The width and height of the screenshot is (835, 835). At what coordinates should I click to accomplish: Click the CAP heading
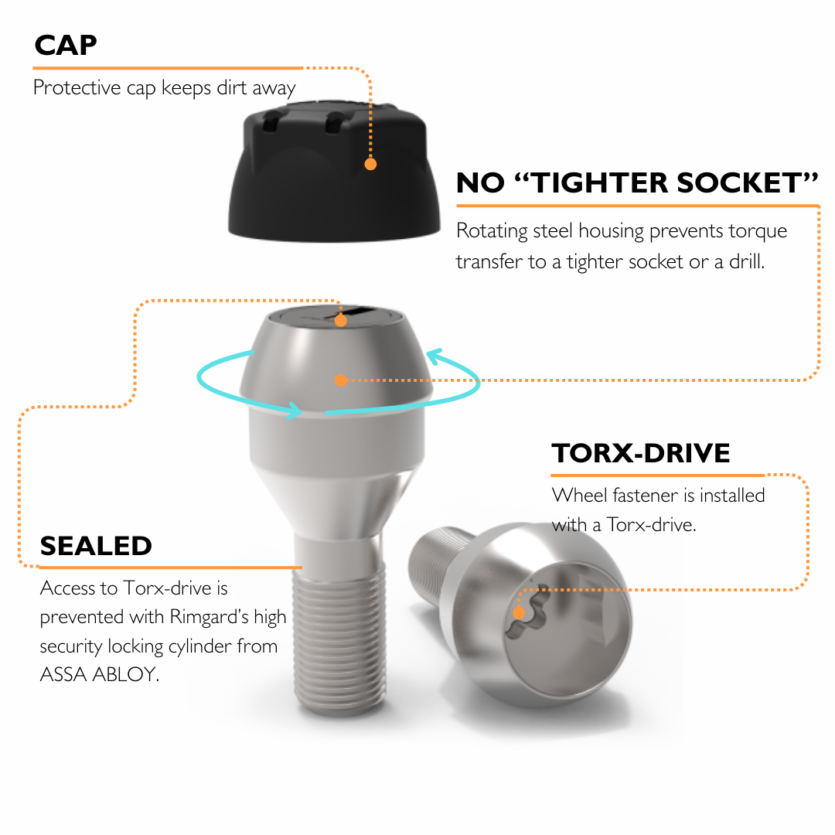tap(66, 46)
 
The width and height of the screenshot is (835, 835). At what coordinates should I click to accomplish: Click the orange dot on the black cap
tap(370, 164)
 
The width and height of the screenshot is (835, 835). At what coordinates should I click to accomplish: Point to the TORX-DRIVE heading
tap(641, 453)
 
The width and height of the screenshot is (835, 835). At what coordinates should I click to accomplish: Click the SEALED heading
tap(96, 546)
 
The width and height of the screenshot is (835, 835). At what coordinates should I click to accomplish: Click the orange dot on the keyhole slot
tap(341, 321)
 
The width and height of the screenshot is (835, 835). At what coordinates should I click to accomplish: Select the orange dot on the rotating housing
tap(341, 380)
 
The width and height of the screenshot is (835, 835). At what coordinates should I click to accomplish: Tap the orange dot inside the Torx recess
tap(519, 613)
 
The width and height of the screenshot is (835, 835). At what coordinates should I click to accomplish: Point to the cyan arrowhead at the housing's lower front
tap(294, 410)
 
